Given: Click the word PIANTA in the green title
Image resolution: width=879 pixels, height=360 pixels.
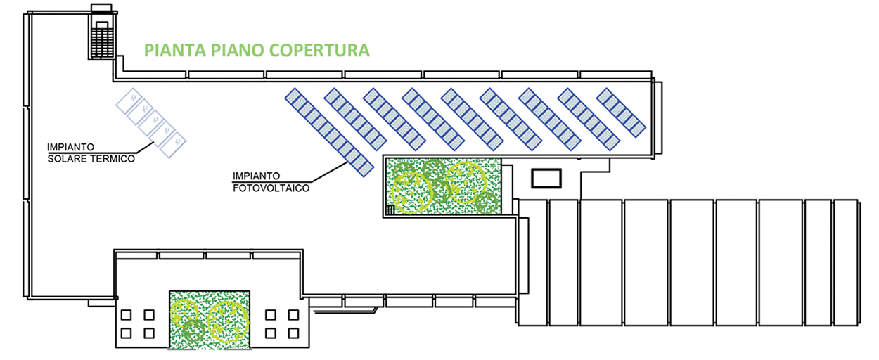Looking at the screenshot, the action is (175, 51).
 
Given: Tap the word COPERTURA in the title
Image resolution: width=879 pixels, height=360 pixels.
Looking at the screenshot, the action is (319, 51).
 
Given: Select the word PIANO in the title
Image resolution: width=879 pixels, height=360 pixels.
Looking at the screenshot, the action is (238, 51).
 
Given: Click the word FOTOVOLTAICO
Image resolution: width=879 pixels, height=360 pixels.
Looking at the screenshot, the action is (271, 188).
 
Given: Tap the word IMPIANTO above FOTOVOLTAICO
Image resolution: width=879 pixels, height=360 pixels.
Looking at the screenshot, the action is (256, 176).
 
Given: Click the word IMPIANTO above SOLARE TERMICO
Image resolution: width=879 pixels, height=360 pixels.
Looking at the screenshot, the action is (70, 147).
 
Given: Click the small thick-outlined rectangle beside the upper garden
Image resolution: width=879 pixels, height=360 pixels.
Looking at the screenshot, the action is (546, 179).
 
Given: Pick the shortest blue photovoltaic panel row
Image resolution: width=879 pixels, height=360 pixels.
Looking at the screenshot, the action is (621, 113).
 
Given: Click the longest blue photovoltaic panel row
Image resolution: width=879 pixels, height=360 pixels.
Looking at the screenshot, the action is (329, 133).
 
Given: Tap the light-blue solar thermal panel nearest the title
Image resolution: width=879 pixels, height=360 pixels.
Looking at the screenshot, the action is (129, 101).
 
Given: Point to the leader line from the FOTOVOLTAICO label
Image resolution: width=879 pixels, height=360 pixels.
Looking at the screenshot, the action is (330, 172).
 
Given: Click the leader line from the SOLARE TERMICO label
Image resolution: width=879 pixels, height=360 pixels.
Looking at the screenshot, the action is (145, 147).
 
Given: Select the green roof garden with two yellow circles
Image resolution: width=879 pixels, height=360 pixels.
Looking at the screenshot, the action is (210, 319).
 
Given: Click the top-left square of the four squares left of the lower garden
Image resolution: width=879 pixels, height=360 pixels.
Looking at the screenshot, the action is (126, 315).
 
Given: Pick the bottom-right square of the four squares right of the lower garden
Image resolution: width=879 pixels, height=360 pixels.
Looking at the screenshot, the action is (293, 333).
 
